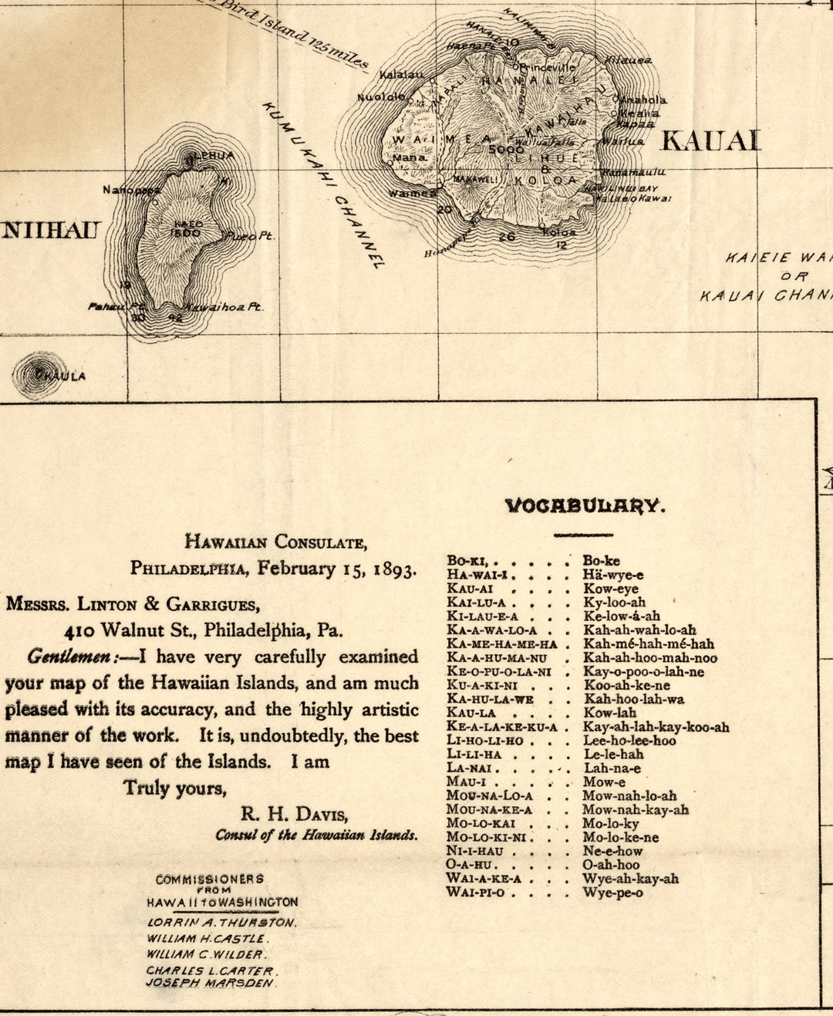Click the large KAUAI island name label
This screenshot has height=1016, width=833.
[x=710, y=141]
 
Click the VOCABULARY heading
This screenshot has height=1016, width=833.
[x=584, y=506]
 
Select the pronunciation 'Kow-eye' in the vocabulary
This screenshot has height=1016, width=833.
[x=610, y=589]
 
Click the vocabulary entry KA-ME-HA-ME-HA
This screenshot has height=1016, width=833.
[x=501, y=644]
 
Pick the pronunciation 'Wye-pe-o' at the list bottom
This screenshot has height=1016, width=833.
[x=612, y=893]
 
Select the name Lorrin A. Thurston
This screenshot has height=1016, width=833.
[x=221, y=923]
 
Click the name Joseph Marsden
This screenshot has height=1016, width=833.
[x=211, y=984]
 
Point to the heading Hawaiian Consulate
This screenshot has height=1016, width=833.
[x=275, y=542]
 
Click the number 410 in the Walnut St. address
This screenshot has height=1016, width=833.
[x=80, y=630]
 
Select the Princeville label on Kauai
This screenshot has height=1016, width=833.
[x=548, y=68]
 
